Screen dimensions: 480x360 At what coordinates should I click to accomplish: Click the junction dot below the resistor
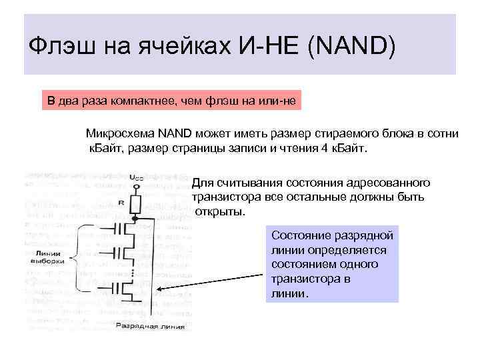(x=135, y=218)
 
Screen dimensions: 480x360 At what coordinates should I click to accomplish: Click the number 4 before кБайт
(x=324, y=147)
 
